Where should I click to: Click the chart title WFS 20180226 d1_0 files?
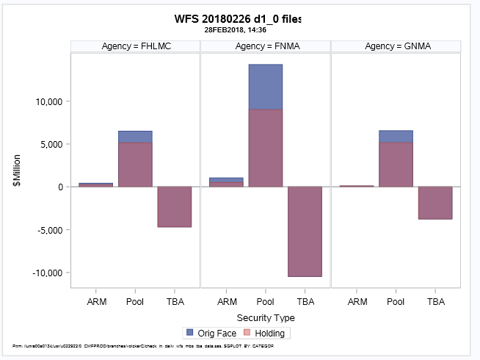coord(237,18)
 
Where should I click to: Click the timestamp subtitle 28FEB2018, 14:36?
coord(237,31)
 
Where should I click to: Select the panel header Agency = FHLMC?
coord(135,46)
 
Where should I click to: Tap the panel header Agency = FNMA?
coord(266,46)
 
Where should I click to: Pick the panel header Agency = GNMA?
coord(396,46)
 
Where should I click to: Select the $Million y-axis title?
coord(17,170)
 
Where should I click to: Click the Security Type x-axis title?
coord(265,318)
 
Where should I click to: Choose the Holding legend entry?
coord(261,333)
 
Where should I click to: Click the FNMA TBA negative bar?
coord(305,231)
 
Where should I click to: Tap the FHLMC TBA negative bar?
coord(175,206)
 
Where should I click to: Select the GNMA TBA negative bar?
coord(435,203)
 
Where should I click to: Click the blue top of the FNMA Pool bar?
coord(266,87)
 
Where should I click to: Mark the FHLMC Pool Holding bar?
coord(135,165)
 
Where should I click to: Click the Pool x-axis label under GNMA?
coord(396,302)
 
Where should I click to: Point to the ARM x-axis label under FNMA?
coord(227,302)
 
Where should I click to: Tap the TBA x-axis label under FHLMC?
coord(175,302)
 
